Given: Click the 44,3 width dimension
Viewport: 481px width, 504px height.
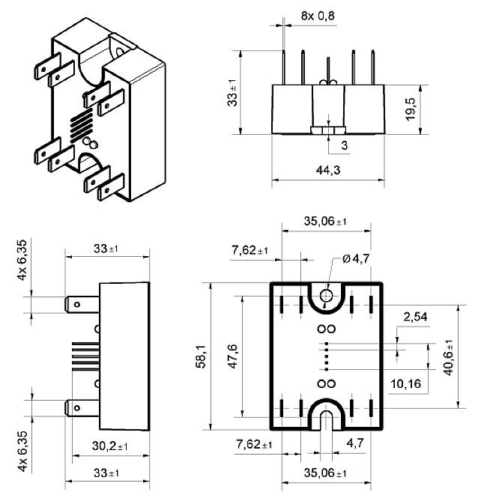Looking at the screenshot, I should tap(327, 171).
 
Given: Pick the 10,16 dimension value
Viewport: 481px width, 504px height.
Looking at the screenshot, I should tap(405, 384).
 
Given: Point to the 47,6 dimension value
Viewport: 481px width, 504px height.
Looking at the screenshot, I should tap(233, 356).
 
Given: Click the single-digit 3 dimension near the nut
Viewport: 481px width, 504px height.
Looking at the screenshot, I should tap(344, 145).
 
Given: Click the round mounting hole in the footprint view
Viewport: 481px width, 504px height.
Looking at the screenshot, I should tap(326, 296).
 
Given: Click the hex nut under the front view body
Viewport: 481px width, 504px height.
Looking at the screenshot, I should tap(326, 131).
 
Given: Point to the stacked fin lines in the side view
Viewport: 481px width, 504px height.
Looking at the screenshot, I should tap(82, 356).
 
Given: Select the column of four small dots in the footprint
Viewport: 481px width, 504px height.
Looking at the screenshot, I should tap(326, 356).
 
